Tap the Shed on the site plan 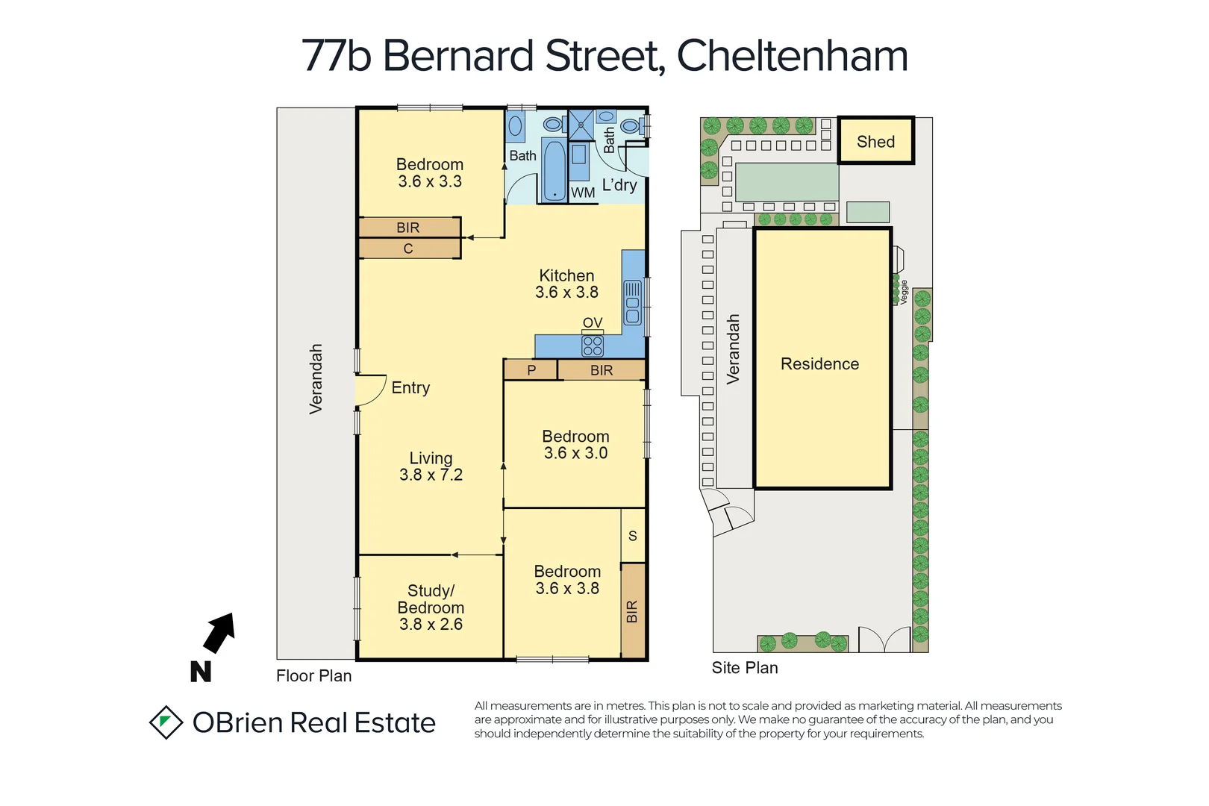875,141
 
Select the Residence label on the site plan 819,363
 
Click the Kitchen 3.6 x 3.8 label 566,284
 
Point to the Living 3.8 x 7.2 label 431,466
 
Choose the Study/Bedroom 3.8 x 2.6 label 431,607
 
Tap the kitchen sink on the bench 632,302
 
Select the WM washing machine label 583,193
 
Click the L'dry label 619,184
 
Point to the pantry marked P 531,370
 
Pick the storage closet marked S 633,536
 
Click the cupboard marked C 408,249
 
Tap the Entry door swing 370,390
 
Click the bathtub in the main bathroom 554,170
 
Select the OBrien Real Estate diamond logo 166,722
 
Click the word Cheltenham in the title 792,56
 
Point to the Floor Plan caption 313,675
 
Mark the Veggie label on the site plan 904,292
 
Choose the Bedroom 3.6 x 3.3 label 430,172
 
